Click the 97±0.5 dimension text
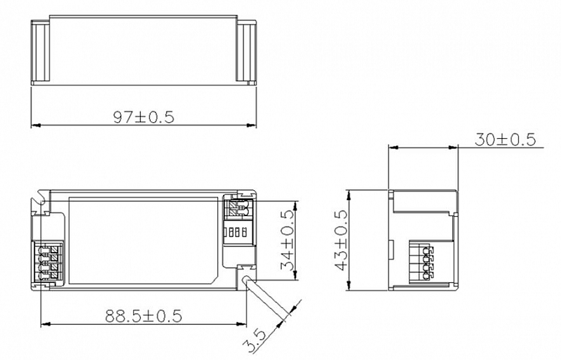[x=144, y=117]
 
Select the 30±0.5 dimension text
[x=505, y=140]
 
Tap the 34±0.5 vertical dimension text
[x=288, y=240]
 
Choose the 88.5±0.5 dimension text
[x=144, y=316]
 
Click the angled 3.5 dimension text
[x=254, y=342]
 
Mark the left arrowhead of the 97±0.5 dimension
[x=35, y=126]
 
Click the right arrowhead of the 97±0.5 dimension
[x=252, y=126]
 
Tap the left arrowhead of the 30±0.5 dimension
[x=393, y=147]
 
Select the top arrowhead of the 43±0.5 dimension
[x=349, y=195]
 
